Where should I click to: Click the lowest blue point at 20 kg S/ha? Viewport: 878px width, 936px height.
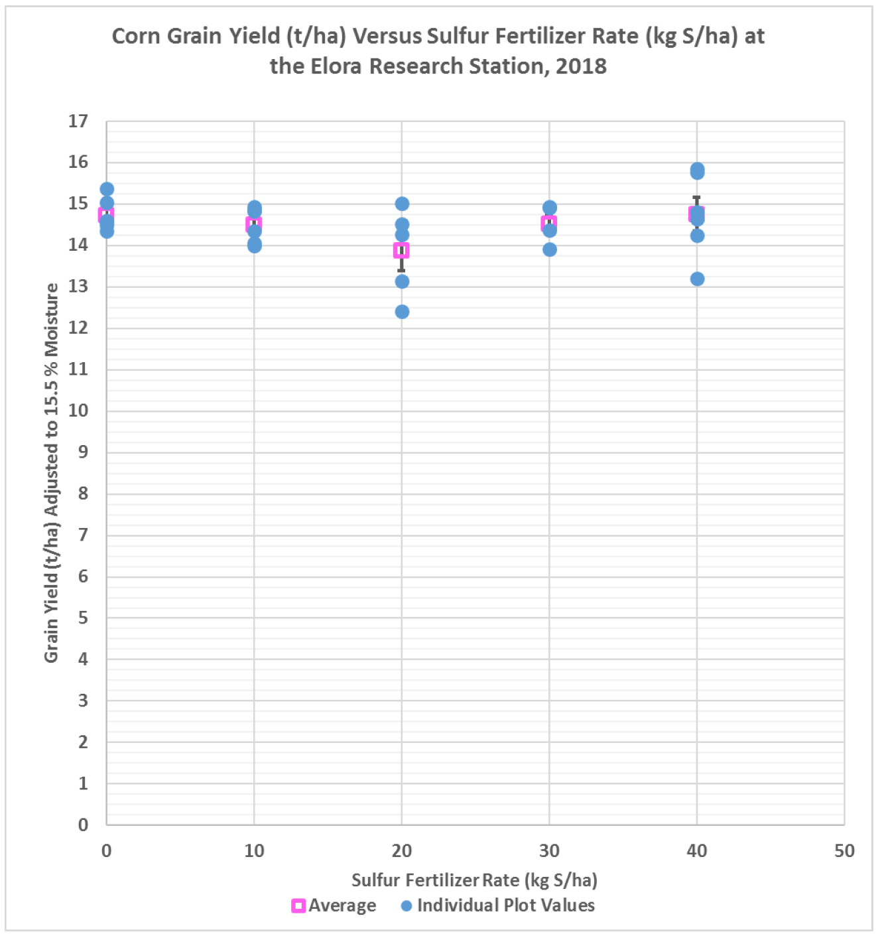coord(402,312)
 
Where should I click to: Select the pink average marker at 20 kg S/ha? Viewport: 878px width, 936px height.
coord(401,251)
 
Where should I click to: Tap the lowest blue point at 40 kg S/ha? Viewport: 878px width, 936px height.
coord(697,279)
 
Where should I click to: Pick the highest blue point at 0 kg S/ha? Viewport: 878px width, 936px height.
coord(107,190)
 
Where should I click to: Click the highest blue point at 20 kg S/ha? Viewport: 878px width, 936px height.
coord(402,204)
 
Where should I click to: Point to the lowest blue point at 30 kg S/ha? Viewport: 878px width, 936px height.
coord(550,249)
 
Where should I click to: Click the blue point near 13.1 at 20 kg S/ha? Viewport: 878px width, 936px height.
coord(402,282)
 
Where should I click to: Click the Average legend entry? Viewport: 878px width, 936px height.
coord(334,905)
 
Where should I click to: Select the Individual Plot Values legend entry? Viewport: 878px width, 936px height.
coord(498,905)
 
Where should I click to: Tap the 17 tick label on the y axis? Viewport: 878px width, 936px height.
coord(78,121)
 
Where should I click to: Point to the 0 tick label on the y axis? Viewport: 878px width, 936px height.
coord(83,825)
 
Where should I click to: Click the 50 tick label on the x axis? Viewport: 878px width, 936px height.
coord(844,851)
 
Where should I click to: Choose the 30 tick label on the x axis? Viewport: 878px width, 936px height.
coord(549,851)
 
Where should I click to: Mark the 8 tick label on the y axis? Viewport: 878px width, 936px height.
coord(83,494)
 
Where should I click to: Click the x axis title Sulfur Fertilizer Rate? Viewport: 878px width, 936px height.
coord(474,880)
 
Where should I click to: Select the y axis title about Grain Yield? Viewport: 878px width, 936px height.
coord(52,472)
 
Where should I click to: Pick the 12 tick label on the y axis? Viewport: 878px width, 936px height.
coord(78,328)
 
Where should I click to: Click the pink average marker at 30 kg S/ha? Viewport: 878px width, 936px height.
coord(548,223)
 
